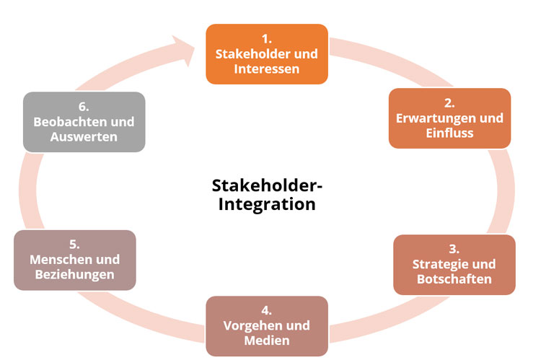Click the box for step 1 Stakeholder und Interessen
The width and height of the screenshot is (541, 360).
coord(267,53)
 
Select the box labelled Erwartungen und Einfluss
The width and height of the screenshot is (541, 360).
coord(449,118)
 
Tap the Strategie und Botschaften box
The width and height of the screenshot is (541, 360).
coord(454,264)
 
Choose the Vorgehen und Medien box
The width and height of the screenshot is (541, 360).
coord(267,326)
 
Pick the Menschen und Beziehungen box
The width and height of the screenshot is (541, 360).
coord(75,260)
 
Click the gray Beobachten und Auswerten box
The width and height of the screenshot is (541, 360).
coord(84,121)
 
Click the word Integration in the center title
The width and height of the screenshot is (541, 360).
coord(267,204)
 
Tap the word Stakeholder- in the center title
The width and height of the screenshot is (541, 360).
coord(267,185)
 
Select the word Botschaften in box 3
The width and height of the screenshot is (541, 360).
coord(454,279)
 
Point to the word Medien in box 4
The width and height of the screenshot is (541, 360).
coord(267,341)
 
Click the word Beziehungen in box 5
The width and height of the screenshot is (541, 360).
coord(75,274)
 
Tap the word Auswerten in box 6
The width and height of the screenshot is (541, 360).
coord(84,136)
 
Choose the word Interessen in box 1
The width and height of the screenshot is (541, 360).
coord(267,69)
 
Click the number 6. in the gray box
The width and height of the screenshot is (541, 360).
coord(84,105)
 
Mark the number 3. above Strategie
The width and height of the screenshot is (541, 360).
coord(454,249)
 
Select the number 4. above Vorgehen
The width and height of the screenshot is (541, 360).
coord(267,311)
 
